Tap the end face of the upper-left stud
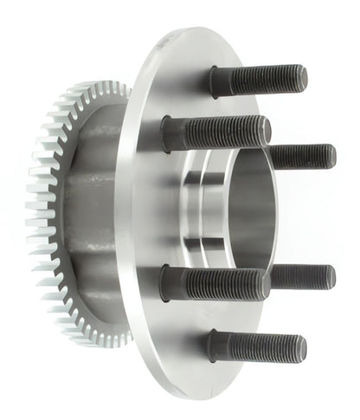pos(267,131)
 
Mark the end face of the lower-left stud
pos(267,284)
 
